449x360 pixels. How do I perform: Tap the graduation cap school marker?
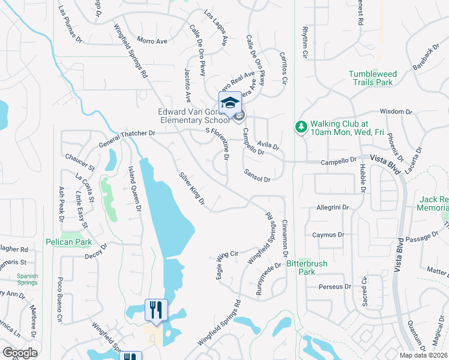tap(230, 103)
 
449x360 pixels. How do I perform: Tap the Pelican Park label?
tap(68, 242)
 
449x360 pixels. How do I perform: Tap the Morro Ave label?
tap(151, 41)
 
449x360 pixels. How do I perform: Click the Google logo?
tap(20, 353)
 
